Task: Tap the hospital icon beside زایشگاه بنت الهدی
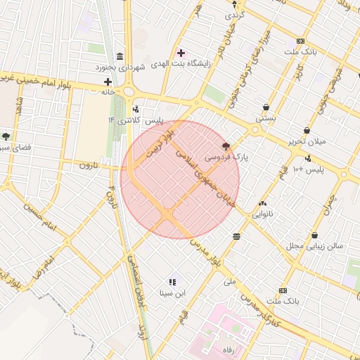click(181, 53)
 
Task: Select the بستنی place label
click(265, 119)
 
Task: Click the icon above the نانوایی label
click(263, 202)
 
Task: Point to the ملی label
click(229, 281)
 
